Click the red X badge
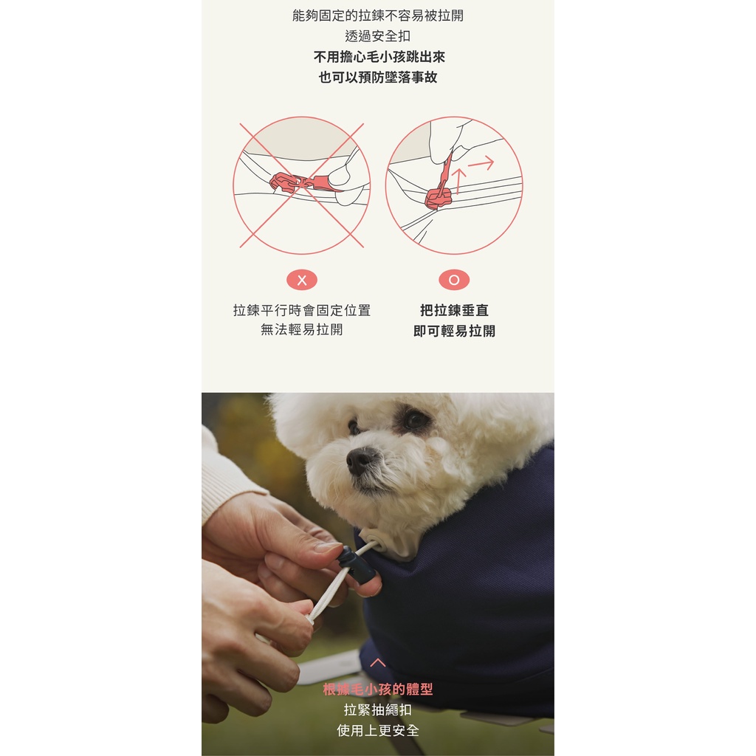(302, 280)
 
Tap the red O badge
(454, 280)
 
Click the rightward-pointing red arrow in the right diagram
(481, 163)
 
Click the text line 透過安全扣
(378, 36)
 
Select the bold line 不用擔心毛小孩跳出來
(379, 57)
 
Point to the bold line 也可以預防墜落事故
(378, 77)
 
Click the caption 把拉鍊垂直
(454, 310)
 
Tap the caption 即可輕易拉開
(454, 331)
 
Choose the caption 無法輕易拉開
(302, 329)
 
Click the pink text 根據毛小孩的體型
(378, 689)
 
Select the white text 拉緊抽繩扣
(378, 709)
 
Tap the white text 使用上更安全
(378, 730)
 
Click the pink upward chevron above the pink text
(378, 662)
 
